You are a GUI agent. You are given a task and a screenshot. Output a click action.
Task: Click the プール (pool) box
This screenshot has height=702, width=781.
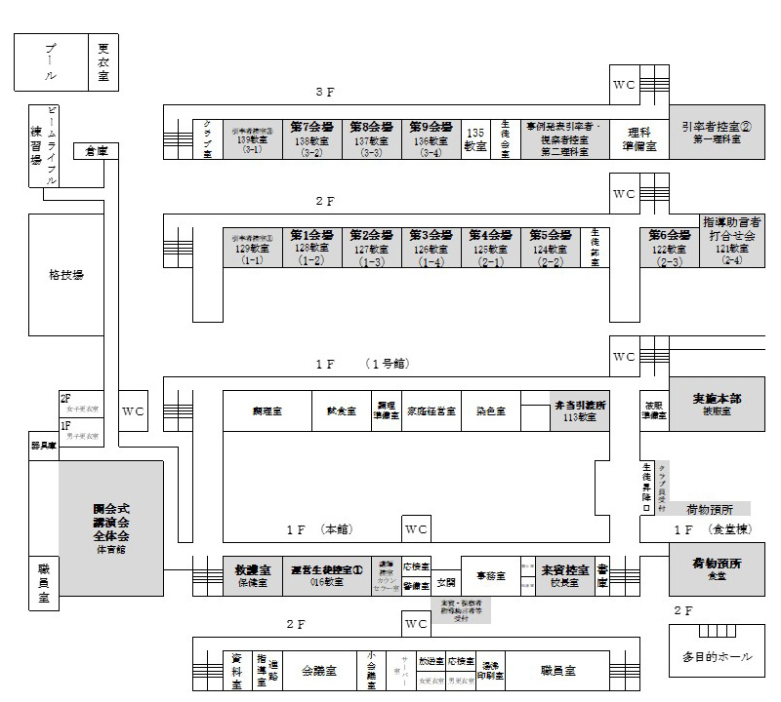51,62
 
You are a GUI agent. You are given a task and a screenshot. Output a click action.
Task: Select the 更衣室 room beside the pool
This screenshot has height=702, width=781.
104,62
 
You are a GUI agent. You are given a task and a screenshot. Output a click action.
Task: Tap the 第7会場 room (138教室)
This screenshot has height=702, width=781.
311,138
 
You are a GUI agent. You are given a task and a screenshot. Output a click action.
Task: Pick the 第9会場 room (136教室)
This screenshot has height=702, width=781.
431,138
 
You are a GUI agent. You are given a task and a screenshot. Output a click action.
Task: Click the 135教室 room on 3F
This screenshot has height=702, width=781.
475,138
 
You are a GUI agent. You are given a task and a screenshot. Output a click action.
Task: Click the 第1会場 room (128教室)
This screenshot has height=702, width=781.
311,248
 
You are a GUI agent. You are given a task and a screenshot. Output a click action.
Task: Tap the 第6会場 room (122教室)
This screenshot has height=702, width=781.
669,248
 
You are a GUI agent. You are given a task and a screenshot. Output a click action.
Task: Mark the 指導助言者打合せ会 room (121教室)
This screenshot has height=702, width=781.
731,240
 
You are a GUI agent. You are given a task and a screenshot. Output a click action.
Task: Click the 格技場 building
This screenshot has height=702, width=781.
66,276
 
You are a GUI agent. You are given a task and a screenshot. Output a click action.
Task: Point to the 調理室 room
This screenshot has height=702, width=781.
267,411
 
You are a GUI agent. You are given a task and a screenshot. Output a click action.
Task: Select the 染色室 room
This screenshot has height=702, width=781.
490,411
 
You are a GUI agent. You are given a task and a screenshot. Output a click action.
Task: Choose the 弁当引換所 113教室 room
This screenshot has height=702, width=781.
565,411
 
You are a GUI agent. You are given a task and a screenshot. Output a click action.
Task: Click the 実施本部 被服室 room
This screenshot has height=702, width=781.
718,404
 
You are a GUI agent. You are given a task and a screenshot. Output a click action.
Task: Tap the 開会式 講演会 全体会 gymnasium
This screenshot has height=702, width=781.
111,526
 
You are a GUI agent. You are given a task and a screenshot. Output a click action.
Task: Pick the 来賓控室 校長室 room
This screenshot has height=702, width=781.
566,574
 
